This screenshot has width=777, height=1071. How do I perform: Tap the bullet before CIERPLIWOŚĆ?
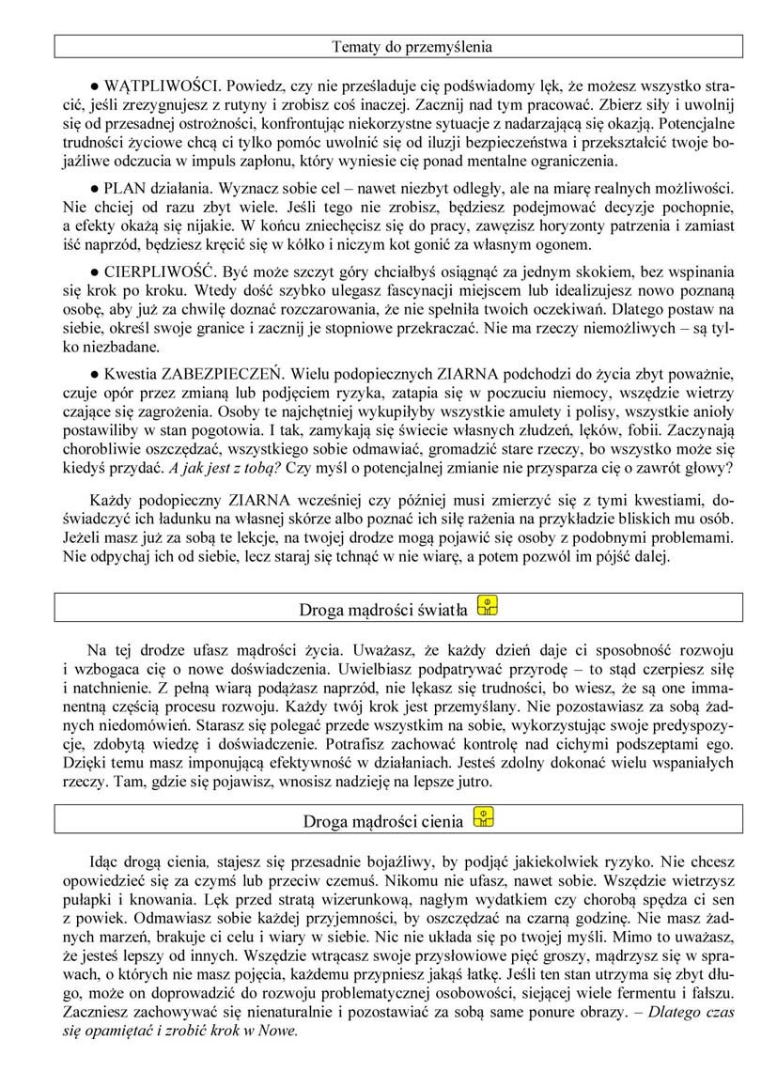[x=95, y=267]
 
